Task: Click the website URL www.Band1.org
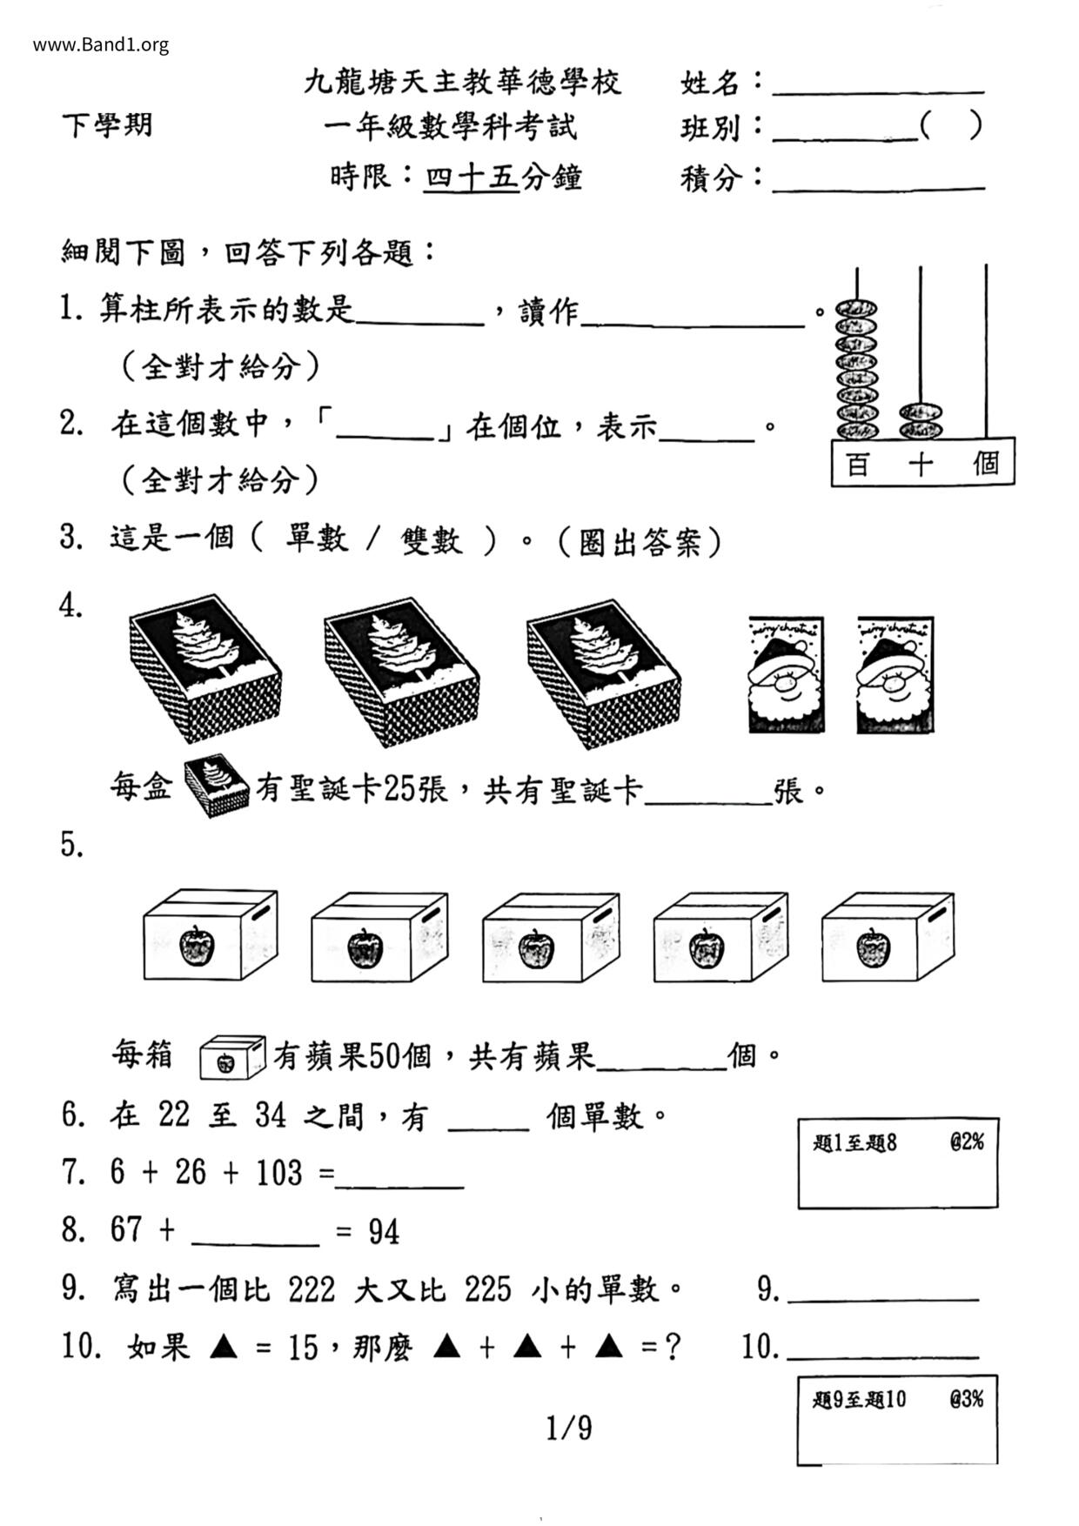click(x=101, y=45)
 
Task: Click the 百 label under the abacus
click(x=857, y=465)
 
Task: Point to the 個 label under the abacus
click(x=985, y=464)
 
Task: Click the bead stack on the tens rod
click(x=921, y=420)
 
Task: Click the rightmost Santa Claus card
click(x=895, y=675)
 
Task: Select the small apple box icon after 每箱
click(x=231, y=1057)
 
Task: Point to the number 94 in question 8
click(x=384, y=1232)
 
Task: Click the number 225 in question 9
click(x=487, y=1289)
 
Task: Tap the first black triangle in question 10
click(x=225, y=1348)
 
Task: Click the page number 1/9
click(x=569, y=1428)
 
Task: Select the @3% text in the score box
click(x=966, y=1399)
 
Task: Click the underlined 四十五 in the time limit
click(x=471, y=177)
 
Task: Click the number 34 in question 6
click(x=271, y=1115)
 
